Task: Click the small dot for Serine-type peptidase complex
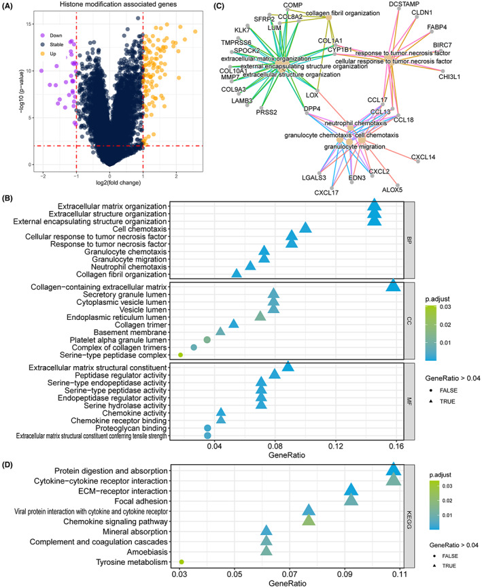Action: [181, 355]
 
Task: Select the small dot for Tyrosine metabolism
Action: [182, 561]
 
